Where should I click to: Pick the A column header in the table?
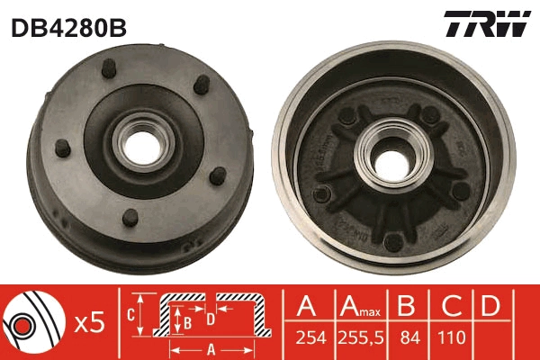click(305, 306)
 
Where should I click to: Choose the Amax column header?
click(358, 306)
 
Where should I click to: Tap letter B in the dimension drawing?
click(187, 320)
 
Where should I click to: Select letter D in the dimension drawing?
click(211, 317)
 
